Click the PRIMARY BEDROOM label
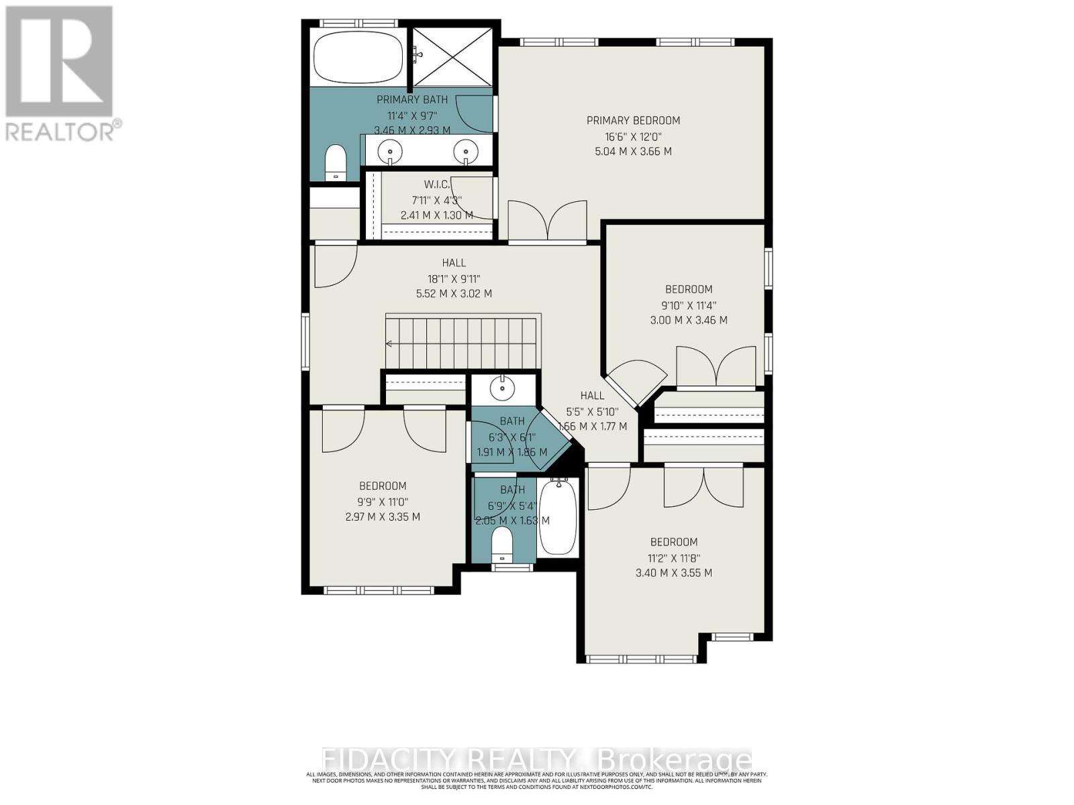pos(633,121)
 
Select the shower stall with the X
pos(452,57)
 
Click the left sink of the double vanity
pos(389,152)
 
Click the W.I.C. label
pos(436,184)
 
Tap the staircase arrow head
pos(389,344)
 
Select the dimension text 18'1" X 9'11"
pos(454,278)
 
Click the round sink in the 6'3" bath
pos(500,387)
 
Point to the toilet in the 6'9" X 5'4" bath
pos(501,543)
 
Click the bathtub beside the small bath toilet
pos(558,517)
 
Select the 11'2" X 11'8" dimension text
pos(673,557)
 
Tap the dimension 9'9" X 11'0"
pos(383,502)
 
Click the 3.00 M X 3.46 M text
pos(689,321)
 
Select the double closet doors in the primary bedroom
pos(548,221)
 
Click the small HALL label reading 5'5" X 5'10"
pos(592,411)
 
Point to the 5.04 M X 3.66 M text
pos(633,152)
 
